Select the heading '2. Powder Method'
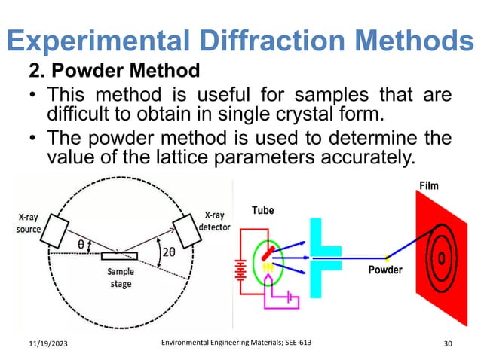click(114, 72)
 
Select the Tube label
click(263, 211)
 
